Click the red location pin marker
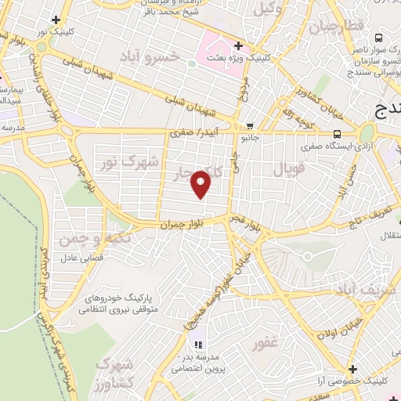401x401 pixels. pos(202,185)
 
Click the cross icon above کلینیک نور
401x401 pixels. pos(55,19)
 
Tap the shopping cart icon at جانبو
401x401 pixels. pos(250,125)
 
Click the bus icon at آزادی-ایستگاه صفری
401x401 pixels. pos(337,133)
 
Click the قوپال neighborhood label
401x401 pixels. pos(286,168)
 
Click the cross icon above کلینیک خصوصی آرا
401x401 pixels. pos(352,368)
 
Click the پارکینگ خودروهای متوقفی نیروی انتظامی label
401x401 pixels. pos(117,305)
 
